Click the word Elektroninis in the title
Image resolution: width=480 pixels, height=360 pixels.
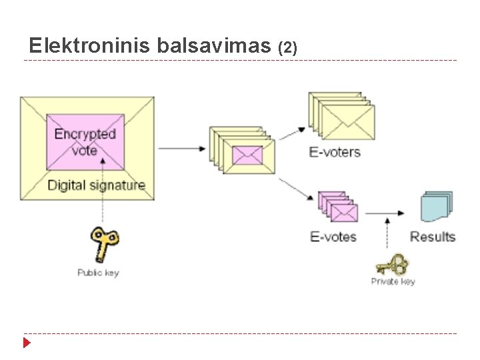click(x=91, y=46)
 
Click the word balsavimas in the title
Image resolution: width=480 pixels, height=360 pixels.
click(x=215, y=46)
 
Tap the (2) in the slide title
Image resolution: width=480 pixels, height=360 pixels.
click(x=287, y=47)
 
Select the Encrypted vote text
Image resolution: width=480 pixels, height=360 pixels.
click(x=85, y=142)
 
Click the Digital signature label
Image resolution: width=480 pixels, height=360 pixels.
click(x=96, y=185)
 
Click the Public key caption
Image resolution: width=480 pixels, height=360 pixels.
click(x=98, y=273)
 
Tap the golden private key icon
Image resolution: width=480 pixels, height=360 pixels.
click(x=392, y=265)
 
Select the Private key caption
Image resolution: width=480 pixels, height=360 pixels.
click(x=393, y=281)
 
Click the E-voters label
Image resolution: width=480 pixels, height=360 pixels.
click(x=335, y=152)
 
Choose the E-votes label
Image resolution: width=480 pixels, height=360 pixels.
click(x=333, y=237)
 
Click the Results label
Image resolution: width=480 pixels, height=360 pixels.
click(x=433, y=237)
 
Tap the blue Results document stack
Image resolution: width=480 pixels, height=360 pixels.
click(x=437, y=207)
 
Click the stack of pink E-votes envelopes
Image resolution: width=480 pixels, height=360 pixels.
click(x=338, y=208)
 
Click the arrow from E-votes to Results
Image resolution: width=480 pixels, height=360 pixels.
click(x=386, y=213)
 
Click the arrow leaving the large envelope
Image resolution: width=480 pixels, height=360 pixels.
click(x=182, y=149)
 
